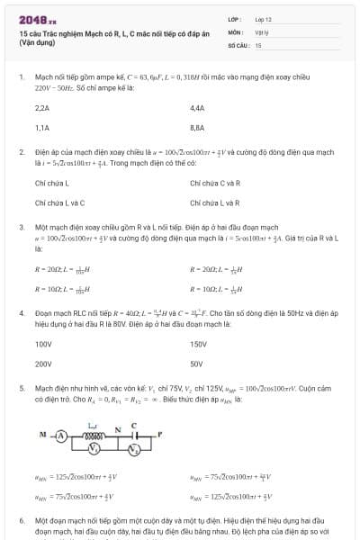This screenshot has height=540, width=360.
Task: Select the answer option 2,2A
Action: pos(41,107)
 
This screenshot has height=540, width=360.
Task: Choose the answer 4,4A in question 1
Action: pos(198,107)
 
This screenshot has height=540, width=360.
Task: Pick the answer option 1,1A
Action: pos(41,128)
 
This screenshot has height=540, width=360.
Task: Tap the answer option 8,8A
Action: pos(198,128)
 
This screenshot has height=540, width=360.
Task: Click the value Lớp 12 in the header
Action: pos(263,18)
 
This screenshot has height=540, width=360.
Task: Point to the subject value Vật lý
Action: pos(262,31)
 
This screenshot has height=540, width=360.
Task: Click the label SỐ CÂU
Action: pos(238,43)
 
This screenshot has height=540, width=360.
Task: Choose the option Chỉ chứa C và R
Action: pos(215,183)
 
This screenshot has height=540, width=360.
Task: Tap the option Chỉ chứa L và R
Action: pos(215,203)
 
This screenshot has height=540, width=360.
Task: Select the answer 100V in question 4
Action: pos(43,344)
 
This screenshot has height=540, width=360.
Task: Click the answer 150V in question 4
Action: pos(199,344)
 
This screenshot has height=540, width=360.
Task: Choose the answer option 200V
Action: pos(43,364)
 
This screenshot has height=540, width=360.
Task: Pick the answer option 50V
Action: pos(197,364)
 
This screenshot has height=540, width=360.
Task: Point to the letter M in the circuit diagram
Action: pos(41,433)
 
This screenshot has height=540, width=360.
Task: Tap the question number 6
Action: pos(22,521)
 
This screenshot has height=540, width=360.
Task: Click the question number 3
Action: pos(22,228)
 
